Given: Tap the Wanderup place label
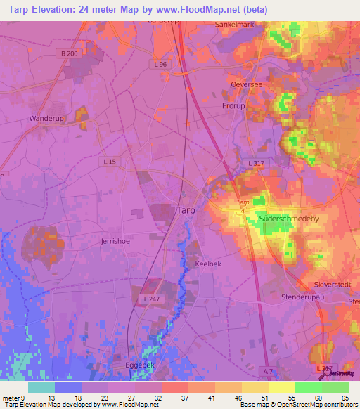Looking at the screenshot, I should [46, 119].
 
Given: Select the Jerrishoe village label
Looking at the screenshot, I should [115, 240].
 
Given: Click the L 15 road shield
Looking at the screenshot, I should [111, 162].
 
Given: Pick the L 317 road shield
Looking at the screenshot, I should [256, 162].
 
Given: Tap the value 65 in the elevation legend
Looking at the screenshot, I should [345, 398].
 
